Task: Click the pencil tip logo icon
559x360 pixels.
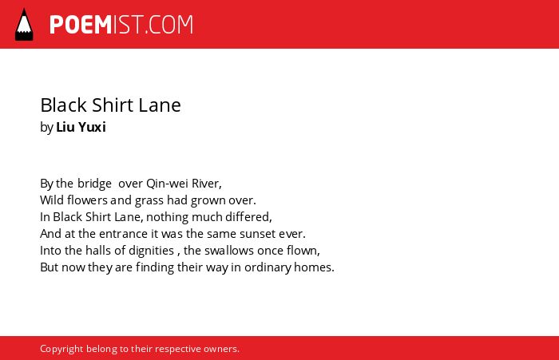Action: click(x=24, y=24)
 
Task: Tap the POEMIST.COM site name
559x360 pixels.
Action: click(x=121, y=25)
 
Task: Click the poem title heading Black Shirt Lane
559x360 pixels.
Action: click(x=110, y=105)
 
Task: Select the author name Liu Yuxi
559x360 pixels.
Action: click(x=81, y=127)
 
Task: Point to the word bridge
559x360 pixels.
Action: click(x=94, y=184)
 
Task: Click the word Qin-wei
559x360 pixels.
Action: click(x=167, y=184)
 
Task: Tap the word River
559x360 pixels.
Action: click(x=207, y=184)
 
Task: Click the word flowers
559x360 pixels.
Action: click(x=87, y=200)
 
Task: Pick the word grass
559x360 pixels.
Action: click(x=149, y=200)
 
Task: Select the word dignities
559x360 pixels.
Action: click(x=151, y=251)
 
